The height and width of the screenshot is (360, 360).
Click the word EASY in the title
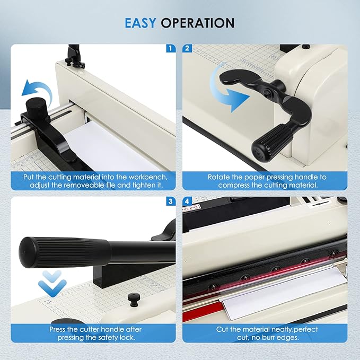[x=141, y=23]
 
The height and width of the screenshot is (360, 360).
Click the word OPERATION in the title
[x=198, y=23]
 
